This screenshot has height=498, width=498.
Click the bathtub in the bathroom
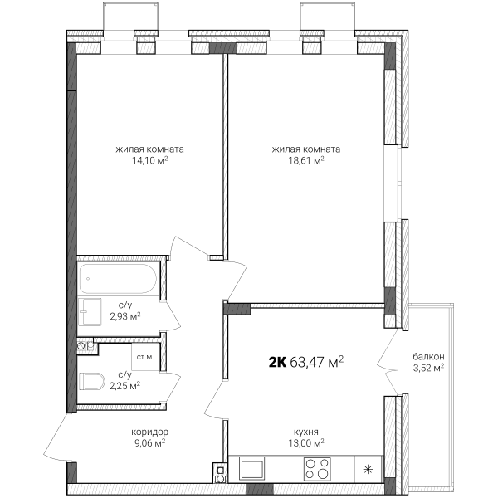click(118, 279)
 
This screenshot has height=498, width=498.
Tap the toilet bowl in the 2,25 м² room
click(92, 381)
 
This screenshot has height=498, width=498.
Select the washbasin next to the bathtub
click(90, 312)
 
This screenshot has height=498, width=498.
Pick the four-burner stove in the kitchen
click(317, 470)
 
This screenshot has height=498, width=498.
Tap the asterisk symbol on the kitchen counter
click(368, 470)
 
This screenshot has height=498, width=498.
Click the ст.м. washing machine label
click(145, 357)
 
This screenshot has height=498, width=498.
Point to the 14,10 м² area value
click(150, 160)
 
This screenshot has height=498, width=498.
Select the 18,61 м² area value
click(306, 160)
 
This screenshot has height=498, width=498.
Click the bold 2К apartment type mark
click(277, 362)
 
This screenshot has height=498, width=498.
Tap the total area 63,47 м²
click(317, 362)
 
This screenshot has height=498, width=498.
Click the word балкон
click(428, 357)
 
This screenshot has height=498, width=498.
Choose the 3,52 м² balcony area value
click(428, 368)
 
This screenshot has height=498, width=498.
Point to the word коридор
click(150, 432)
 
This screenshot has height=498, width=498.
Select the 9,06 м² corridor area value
click(150, 443)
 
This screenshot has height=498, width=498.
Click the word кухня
click(306, 432)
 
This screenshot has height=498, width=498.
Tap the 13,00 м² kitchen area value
click(306, 443)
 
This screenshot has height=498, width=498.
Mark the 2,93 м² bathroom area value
click(125, 317)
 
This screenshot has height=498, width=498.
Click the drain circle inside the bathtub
click(88, 279)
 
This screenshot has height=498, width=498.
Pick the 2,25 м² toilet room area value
click(125, 386)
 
